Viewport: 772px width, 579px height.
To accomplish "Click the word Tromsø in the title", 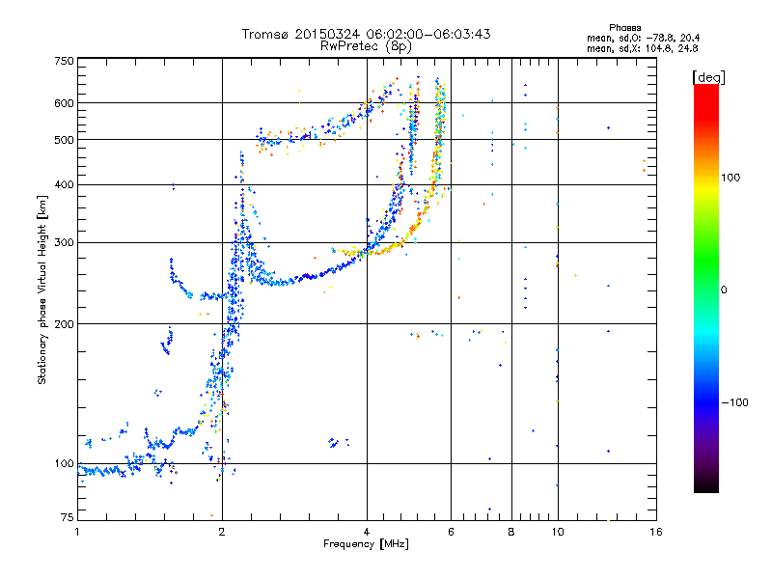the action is (265, 34).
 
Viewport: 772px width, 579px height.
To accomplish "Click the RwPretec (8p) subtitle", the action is (366, 46).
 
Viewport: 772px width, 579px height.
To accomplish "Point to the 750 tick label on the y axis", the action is (64, 61).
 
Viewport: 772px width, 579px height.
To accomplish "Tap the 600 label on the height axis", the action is (64, 103).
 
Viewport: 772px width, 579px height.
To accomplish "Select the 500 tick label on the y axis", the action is (64, 140).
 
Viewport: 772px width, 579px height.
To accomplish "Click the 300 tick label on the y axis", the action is (64, 242).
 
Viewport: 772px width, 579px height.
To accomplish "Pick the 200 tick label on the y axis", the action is (64, 324).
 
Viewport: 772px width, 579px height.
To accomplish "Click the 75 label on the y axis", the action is (68, 517).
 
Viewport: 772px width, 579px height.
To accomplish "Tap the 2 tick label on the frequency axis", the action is (222, 532).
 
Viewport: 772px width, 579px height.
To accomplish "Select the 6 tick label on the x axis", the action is (451, 532).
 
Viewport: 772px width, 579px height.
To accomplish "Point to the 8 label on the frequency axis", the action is (511, 532).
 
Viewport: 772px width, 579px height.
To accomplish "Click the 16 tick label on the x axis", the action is (656, 532).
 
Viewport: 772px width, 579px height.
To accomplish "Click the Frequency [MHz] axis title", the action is (366, 544).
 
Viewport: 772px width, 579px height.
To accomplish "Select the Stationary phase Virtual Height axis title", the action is (42, 290).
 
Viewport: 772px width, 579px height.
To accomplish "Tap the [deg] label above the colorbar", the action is (708, 77).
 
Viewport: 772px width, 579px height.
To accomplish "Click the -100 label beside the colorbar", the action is (734, 402).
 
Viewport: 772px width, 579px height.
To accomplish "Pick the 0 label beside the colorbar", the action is (723, 290).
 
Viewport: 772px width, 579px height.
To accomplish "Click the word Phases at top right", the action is (624, 28).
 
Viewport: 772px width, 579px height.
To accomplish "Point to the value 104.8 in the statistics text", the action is (658, 49).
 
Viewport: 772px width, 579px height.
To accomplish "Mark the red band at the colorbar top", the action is (706, 98).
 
